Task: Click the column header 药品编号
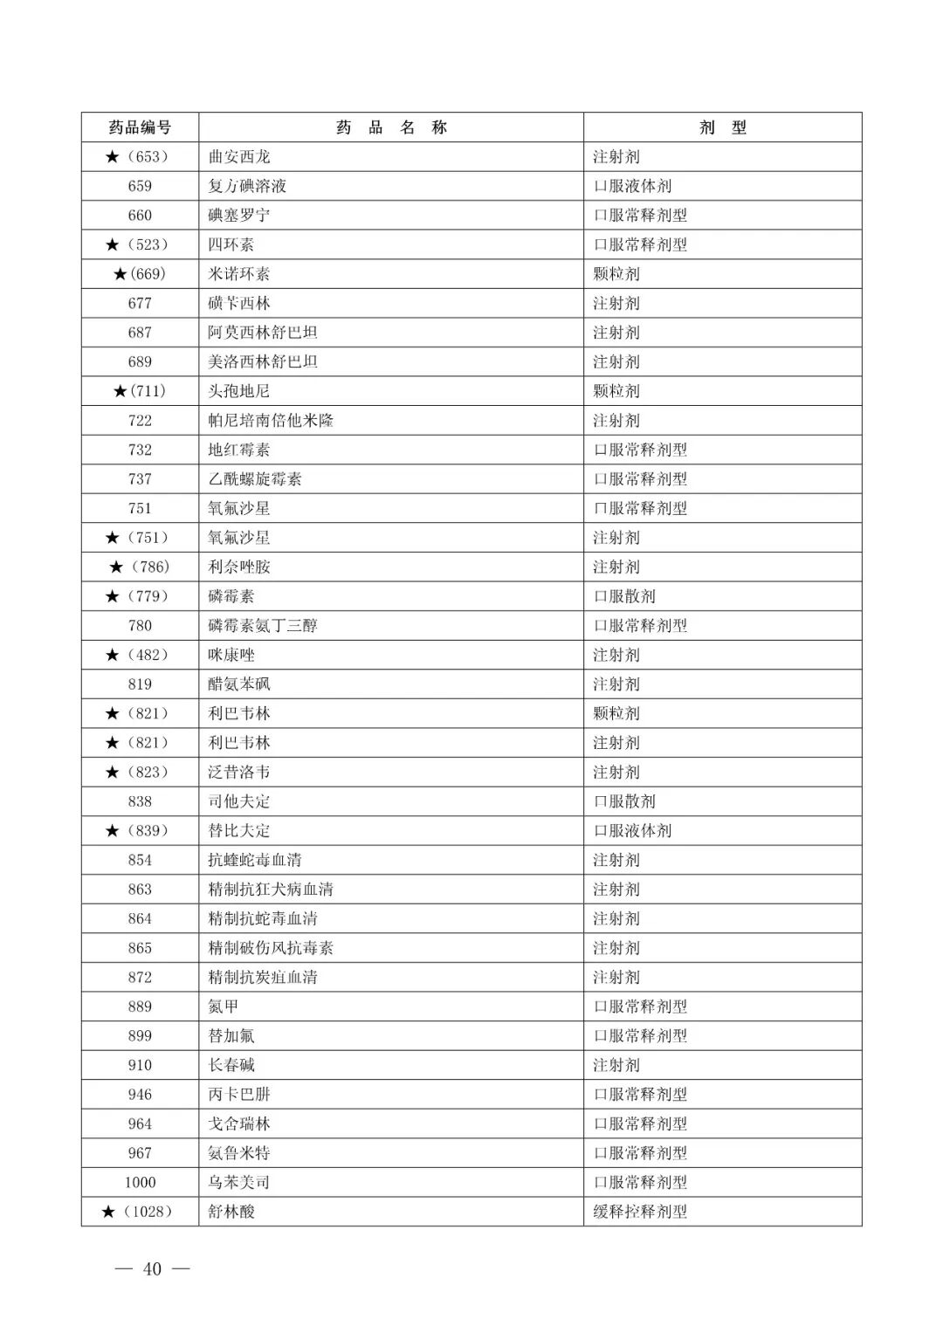(140, 127)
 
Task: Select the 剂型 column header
(722, 127)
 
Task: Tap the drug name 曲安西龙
(239, 157)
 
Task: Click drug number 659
(140, 186)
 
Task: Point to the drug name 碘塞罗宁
(239, 216)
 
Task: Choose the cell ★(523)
(137, 244)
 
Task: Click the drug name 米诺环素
(239, 274)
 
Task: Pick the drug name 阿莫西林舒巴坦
(263, 333)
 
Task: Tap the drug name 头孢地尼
(239, 391)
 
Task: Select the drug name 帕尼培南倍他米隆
(271, 421)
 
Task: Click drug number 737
(140, 479)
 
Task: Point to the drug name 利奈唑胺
(239, 567)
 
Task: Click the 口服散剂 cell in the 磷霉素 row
(624, 596)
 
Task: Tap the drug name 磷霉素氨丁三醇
(263, 626)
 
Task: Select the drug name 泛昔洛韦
(239, 773)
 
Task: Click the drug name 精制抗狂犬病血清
(271, 890)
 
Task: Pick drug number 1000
(140, 1183)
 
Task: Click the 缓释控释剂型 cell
(640, 1212)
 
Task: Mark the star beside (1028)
(108, 1212)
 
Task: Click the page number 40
(152, 1269)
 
